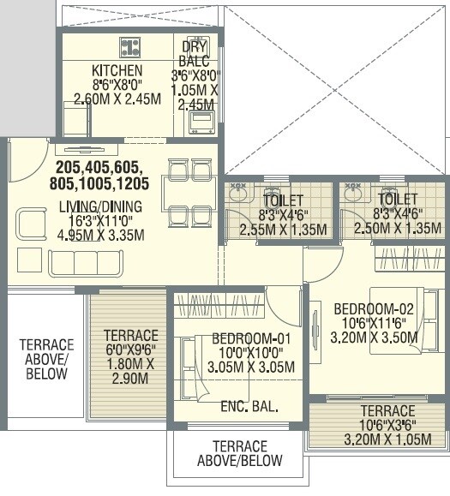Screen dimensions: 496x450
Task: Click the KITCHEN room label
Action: [117, 69]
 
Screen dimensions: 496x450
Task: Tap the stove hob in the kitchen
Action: [131, 46]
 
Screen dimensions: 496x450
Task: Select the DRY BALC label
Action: [194, 53]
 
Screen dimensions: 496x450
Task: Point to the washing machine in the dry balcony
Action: [201, 122]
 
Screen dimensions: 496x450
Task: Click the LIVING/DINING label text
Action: [100, 206]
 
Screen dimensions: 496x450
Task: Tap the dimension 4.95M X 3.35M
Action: [101, 236]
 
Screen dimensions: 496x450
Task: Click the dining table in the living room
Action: [189, 193]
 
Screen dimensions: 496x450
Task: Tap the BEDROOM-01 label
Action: [251, 338]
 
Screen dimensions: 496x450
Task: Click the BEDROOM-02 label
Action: [375, 308]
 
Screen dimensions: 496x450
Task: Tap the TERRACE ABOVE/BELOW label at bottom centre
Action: [239, 453]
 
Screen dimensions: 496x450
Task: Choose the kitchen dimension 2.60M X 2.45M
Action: [117, 99]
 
